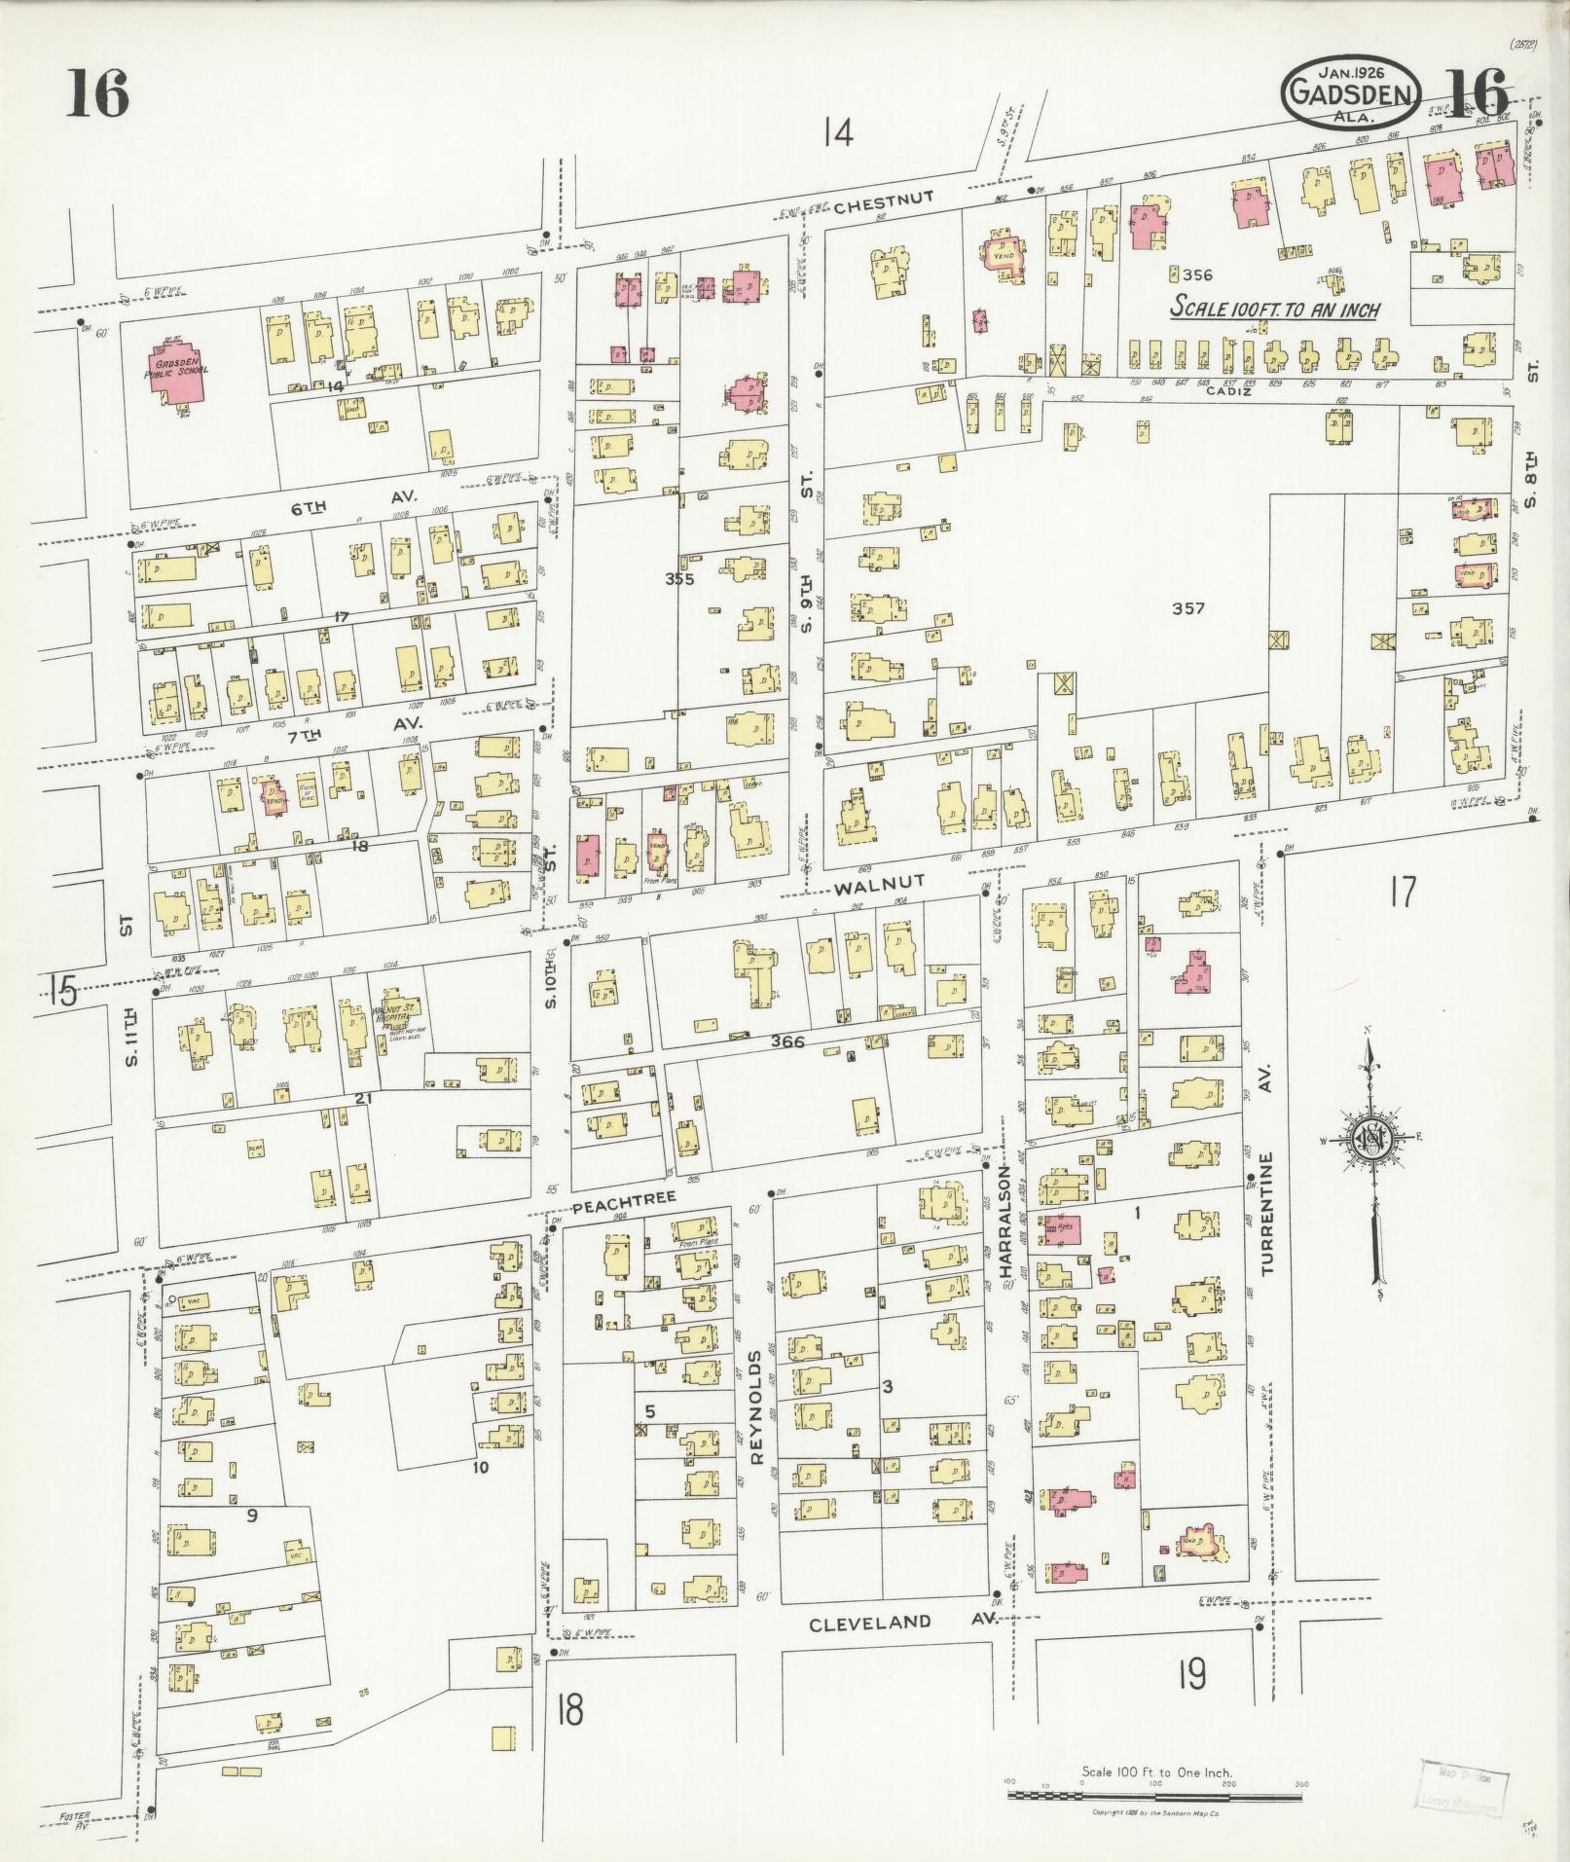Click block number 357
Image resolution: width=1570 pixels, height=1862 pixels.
pos(1188,609)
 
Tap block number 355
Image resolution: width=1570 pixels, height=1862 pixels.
pos(679,579)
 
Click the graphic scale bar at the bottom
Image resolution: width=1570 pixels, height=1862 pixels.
pos(1156,1792)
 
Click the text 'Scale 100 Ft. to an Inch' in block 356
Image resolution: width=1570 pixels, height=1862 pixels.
pos(1274,309)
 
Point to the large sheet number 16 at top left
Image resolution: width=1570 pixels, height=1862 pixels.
pos(97,95)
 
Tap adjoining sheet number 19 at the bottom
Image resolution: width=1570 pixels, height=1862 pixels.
pos(1190,1675)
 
